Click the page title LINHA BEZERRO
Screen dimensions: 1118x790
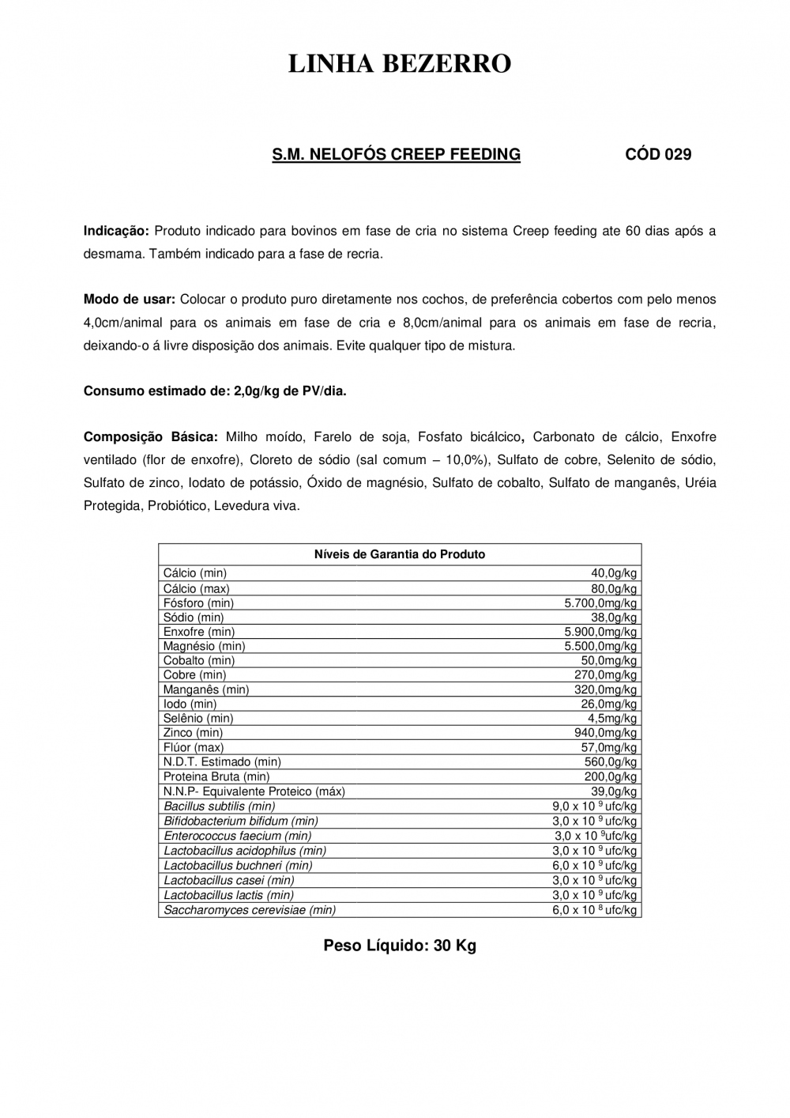(x=399, y=64)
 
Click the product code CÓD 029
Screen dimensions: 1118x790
(x=658, y=154)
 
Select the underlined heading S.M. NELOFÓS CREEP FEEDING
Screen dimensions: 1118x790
(x=397, y=154)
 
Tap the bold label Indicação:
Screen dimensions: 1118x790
(x=116, y=231)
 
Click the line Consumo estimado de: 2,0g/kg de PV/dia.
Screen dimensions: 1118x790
(x=215, y=391)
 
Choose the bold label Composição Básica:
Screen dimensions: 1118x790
(x=150, y=436)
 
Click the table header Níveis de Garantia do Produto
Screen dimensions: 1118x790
(x=400, y=554)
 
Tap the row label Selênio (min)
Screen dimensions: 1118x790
(x=198, y=719)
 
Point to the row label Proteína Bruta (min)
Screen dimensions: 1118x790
(x=216, y=776)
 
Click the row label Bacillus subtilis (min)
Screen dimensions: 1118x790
(x=219, y=806)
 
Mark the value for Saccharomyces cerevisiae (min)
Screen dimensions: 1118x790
(x=594, y=910)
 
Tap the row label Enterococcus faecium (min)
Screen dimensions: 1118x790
(x=237, y=836)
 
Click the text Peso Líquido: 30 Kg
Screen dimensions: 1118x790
(x=400, y=946)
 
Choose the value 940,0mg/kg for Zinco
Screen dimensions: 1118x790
(x=605, y=733)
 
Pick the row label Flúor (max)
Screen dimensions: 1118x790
(x=194, y=747)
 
